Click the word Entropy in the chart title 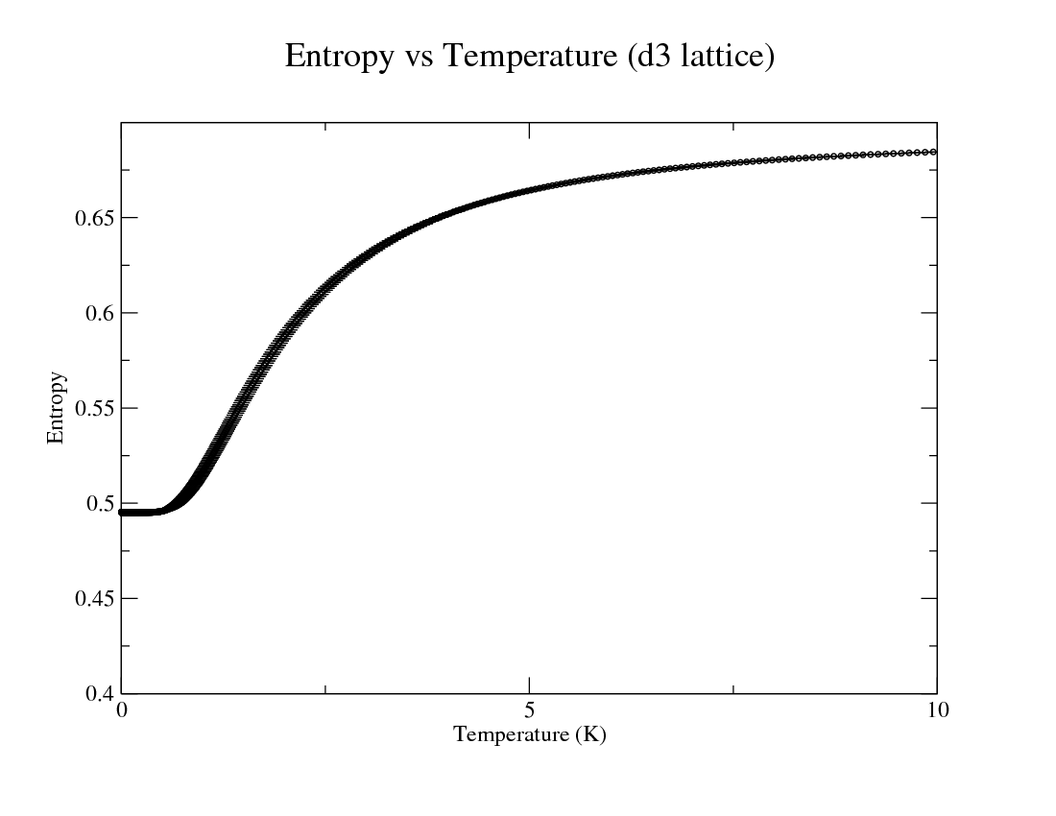(339, 57)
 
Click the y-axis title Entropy (56, 408)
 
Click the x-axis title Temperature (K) (529, 735)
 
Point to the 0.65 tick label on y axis (93, 218)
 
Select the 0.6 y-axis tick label (98, 313)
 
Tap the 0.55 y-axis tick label (93, 408)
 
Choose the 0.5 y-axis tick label (98, 503)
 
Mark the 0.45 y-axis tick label (93, 598)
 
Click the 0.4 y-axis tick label (98, 693)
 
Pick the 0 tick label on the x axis (122, 711)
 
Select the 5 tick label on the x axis (529, 711)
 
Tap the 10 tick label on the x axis (936, 711)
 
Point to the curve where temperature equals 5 (529, 190)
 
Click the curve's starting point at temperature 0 (122, 513)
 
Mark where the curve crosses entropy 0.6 (302, 313)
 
